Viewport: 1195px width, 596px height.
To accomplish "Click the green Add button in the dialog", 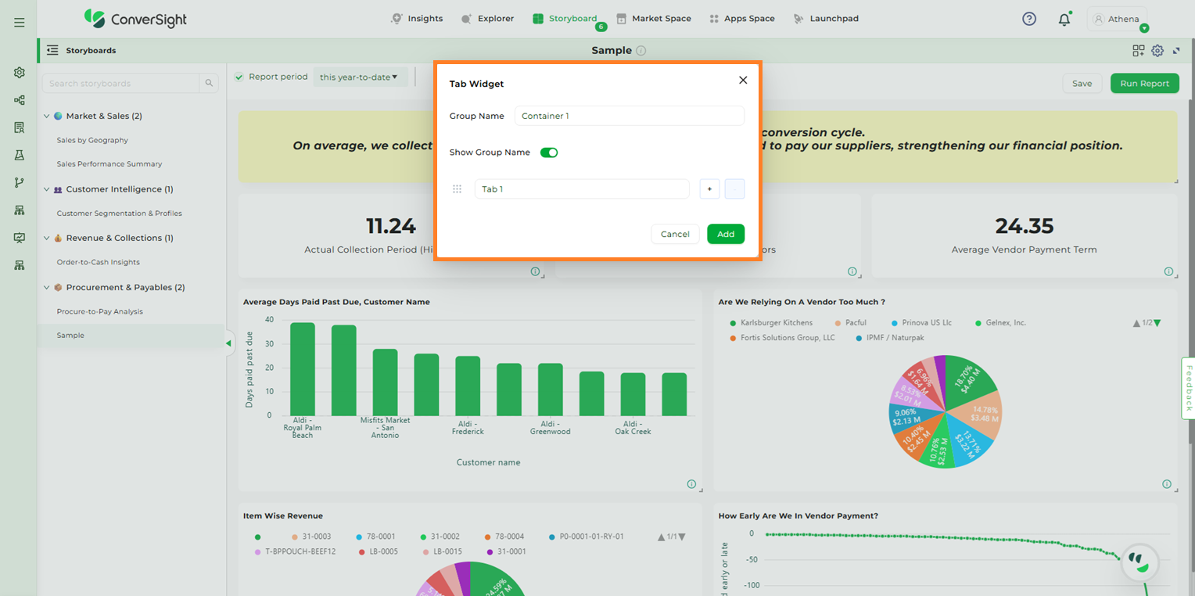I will pos(726,234).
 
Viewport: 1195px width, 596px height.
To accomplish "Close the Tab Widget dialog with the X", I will pos(743,80).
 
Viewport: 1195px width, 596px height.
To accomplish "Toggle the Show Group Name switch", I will pos(549,153).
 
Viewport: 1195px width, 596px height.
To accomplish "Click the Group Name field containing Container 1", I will pos(629,116).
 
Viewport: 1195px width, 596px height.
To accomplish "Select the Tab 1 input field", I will pos(581,189).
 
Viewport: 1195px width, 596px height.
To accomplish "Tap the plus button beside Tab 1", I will pos(709,189).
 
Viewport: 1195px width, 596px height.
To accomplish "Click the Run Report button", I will pos(1144,84).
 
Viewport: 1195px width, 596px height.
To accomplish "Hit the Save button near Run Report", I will pos(1082,84).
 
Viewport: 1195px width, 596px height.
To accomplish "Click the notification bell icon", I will pos(1064,20).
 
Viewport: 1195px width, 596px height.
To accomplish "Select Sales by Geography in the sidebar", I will pos(92,140).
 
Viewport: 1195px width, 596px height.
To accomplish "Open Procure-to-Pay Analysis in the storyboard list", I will pos(99,311).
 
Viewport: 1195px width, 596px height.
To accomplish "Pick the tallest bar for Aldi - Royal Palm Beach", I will pos(302,369).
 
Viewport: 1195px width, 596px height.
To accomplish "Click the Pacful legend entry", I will pos(855,322).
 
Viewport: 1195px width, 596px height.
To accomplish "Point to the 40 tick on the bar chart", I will pos(269,320).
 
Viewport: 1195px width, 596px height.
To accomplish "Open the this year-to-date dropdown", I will pos(359,77).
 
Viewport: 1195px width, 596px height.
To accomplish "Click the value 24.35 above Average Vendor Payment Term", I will pos(1024,226).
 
